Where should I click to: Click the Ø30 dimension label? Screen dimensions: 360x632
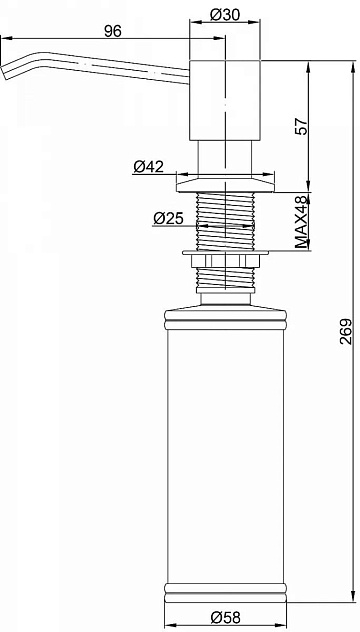(225, 15)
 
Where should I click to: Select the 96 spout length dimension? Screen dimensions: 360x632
(112, 31)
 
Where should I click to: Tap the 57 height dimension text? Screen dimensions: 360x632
(302, 127)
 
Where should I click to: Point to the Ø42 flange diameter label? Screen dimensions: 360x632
(149, 166)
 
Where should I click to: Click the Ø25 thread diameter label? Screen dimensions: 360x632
(168, 218)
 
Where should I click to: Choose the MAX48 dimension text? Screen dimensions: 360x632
(302, 221)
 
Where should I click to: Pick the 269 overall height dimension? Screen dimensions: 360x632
(345, 331)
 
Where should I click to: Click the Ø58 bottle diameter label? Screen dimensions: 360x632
(225, 617)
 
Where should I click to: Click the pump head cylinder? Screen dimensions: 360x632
(225, 100)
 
